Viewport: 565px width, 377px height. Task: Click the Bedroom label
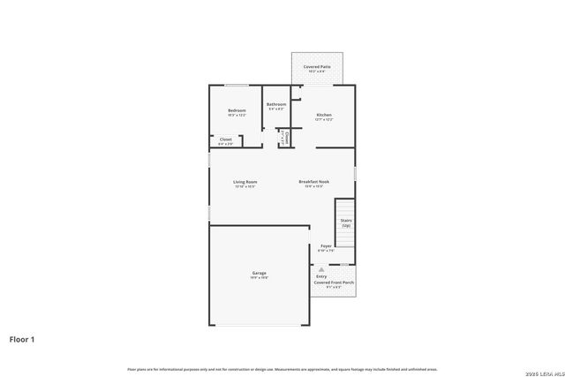[237, 110]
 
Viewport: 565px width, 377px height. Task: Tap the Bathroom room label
[277, 104]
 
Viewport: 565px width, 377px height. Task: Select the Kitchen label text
[324, 115]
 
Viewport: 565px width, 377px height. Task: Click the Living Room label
[245, 182]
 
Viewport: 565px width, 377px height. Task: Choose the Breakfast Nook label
[314, 182]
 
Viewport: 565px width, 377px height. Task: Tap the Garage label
[259, 273]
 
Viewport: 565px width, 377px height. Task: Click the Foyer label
[326, 245]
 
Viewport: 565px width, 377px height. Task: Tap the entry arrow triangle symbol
[321, 269]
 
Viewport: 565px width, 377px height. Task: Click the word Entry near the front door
[321, 276]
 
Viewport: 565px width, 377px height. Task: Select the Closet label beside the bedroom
[226, 139]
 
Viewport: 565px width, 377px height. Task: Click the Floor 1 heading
[22, 338]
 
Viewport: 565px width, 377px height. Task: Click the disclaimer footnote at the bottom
[282, 368]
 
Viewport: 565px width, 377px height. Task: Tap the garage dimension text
[259, 278]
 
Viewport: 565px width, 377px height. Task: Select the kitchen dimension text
[324, 119]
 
